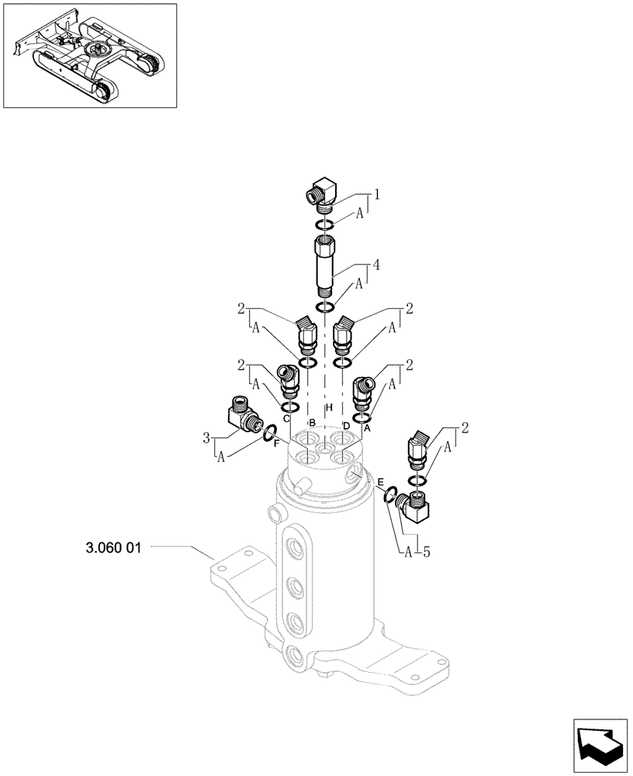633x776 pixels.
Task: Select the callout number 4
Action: (x=375, y=265)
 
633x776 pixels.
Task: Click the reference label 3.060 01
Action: (x=113, y=547)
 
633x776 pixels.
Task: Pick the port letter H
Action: (x=329, y=408)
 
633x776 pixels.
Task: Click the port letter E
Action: (x=380, y=483)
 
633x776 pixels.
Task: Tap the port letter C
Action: (x=286, y=419)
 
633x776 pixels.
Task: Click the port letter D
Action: (x=346, y=426)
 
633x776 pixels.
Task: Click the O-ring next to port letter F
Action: (x=270, y=434)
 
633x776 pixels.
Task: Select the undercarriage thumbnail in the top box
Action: (x=88, y=55)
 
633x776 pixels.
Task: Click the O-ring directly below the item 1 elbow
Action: (x=325, y=225)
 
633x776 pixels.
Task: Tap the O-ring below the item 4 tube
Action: (x=325, y=309)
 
